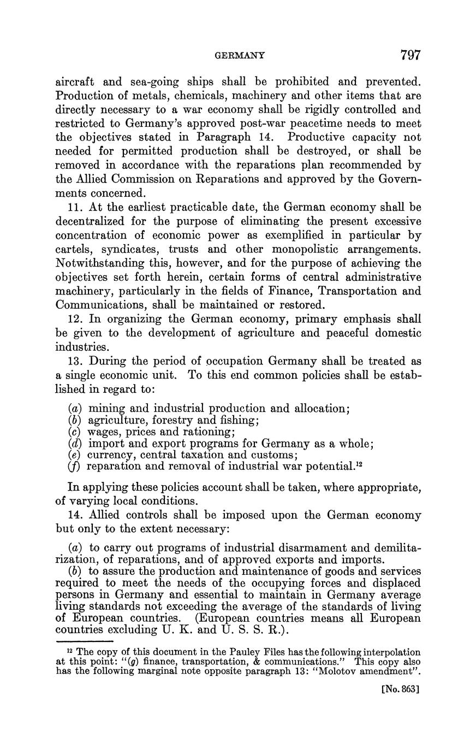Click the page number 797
click(x=410, y=55)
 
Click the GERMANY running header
click(x=240, y=55)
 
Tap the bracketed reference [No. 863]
click(x=401, y=689)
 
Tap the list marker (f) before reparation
click(x=74, y=466)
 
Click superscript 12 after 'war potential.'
click(x=360, y=463)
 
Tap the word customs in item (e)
click(x=275, y=455)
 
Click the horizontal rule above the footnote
click(x=85, y=641)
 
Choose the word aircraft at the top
click(x=76, y=83)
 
